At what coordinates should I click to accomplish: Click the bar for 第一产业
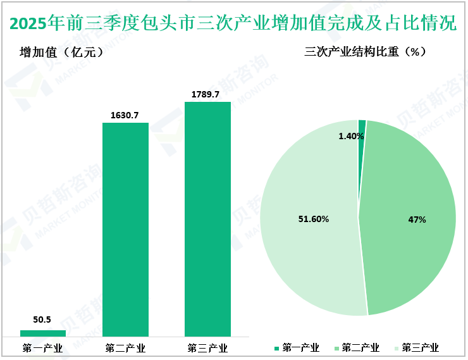click(43, 333)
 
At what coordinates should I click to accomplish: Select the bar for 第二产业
click(125, 229)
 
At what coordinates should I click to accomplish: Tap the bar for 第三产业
click(207, 219)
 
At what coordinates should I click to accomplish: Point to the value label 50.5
click(42, 320)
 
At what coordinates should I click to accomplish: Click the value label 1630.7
click(125, 115)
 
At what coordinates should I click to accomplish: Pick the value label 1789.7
click(207, 94)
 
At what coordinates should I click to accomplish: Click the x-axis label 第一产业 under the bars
click(42, 348)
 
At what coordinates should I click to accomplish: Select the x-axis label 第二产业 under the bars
click(125, 348)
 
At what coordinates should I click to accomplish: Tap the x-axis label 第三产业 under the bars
click(207, 348)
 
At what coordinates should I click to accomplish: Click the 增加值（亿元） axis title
click(61, 53)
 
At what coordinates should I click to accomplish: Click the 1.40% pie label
click(352, 136)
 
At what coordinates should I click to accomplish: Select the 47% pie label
click(417, 220)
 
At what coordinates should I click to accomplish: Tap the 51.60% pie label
click(314, 219)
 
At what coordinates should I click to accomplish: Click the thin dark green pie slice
click(362, 126)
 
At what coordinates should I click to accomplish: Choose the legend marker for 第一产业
click(277, 348)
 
